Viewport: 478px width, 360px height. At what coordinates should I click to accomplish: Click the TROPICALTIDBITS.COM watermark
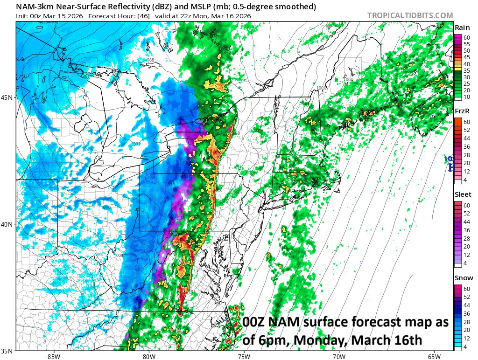pos(410,15)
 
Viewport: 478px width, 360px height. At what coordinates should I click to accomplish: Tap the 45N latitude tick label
pos(8,97)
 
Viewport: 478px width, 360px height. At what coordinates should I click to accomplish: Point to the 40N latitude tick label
pos(8,224)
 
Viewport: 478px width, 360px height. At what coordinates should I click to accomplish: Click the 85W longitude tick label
pos(54,356)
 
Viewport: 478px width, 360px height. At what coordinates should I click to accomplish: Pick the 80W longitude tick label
pos(149,356)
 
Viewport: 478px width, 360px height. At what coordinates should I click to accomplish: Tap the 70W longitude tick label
pos(339,356)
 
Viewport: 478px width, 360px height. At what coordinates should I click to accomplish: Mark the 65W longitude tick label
pos(434,356)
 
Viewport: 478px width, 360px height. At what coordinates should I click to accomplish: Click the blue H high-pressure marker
pos(450,167)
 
